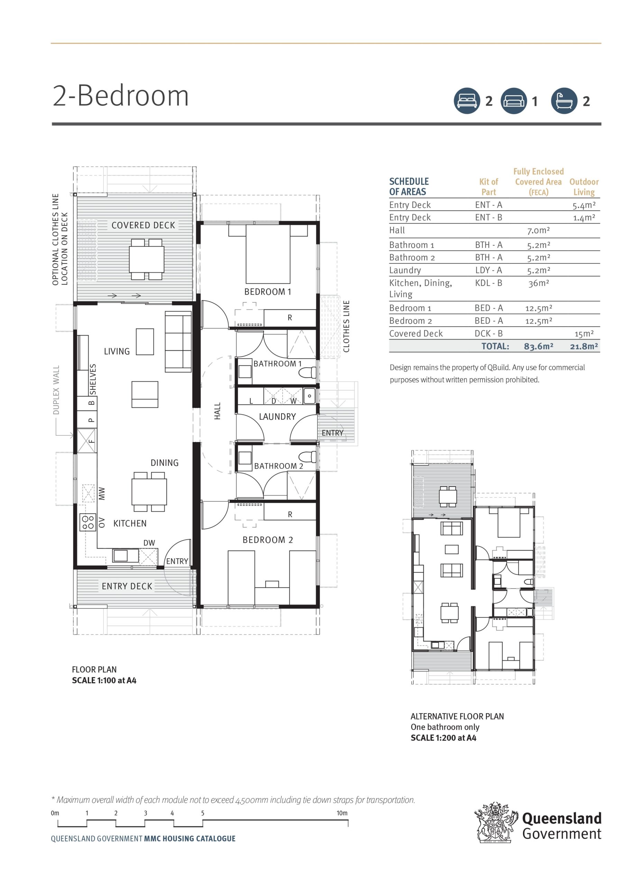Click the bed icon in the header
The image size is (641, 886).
[467, 101]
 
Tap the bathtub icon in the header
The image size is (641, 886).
[564, 101]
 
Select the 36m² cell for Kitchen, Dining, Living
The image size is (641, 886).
[538, 283]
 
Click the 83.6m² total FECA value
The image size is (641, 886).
[538, 346]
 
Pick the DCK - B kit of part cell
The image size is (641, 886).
[488, 333]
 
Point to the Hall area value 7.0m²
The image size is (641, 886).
[538, 230]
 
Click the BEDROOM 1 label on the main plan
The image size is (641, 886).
[267, 291]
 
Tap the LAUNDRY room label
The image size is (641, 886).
[277, 416]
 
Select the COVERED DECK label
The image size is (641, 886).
[143, 225]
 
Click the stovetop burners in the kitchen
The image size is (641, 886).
[88, 522]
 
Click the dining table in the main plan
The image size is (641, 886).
[149, 492]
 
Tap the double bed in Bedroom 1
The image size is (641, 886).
[268, 254]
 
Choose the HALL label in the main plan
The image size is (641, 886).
[218, 411]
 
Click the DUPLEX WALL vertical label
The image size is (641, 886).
[56, 389]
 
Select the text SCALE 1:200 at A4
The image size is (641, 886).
[443, 738]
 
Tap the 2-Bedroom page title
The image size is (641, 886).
[121, 96]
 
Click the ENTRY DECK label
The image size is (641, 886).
[127, 586]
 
